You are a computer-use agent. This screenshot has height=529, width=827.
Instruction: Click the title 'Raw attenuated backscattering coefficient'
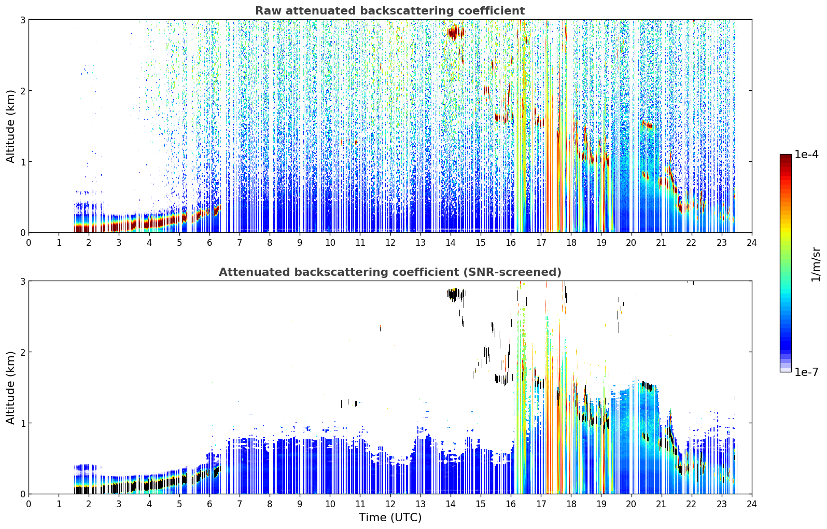[390, 11]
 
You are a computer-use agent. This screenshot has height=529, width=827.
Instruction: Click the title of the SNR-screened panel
[390, 272]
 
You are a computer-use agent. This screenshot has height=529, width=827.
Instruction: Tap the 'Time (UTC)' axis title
[390, 518]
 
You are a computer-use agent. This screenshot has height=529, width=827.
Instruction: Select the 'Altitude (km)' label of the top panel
[10, 126]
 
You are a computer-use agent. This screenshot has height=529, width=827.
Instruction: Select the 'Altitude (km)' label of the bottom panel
[10, 387]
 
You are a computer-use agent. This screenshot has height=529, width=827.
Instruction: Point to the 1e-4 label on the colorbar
[806, 155]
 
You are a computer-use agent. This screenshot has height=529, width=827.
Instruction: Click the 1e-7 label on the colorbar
[806, 372]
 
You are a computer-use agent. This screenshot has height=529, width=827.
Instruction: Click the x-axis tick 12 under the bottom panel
[390, 504]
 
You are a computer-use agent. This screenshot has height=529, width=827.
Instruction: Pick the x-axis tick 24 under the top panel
[752, 243]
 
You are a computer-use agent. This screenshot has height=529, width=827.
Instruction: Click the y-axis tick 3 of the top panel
[22, 20]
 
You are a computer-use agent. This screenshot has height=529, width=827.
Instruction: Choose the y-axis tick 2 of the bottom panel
[22, 352]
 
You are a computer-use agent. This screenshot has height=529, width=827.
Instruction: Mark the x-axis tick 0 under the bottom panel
[29, 504]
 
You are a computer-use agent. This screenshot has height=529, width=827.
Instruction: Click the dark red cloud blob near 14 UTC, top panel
[456, 33]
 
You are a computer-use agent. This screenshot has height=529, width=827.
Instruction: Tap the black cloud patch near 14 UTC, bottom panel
[456, 295]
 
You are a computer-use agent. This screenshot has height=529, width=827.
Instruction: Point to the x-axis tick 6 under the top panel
[209, 243]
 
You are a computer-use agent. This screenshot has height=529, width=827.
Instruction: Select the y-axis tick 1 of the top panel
[22, 161]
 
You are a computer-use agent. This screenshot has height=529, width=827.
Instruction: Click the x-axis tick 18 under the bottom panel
[571, 504]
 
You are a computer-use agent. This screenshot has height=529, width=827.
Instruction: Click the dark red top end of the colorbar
[786, 157]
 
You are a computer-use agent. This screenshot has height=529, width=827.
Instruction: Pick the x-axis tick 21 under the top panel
[661, 243]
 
